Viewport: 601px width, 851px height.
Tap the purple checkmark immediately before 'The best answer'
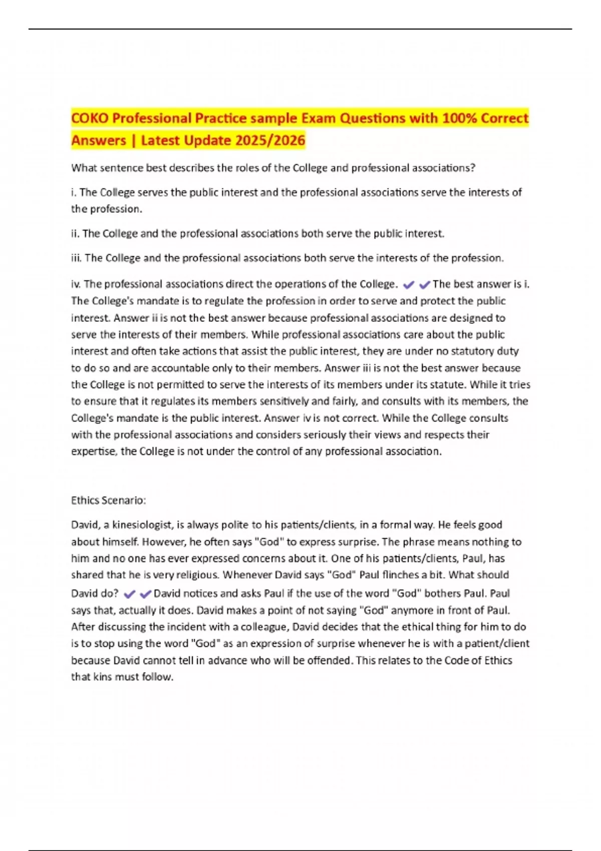[x=425, y=285]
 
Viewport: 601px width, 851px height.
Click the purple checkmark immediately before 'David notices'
[x=146, y=594]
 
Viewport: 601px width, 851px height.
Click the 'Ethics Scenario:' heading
[x=108, y=501]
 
